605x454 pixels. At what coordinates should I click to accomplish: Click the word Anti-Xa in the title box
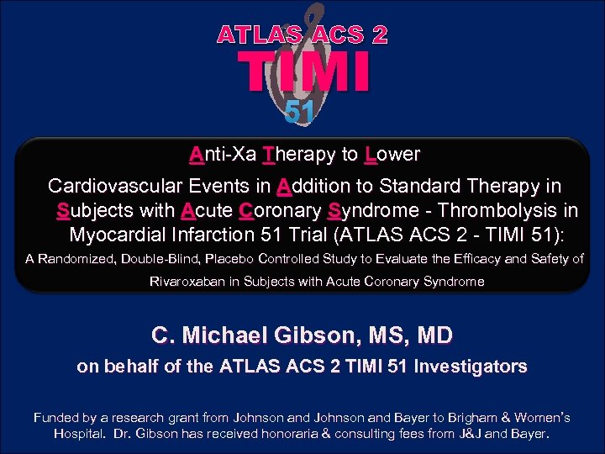point(222,155)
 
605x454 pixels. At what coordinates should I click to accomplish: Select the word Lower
point(392,155)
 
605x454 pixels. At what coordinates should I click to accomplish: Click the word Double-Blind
point(165,259)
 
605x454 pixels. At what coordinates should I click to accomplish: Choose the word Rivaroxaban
point(192,281)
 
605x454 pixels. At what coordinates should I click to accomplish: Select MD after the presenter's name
point(435,335)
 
